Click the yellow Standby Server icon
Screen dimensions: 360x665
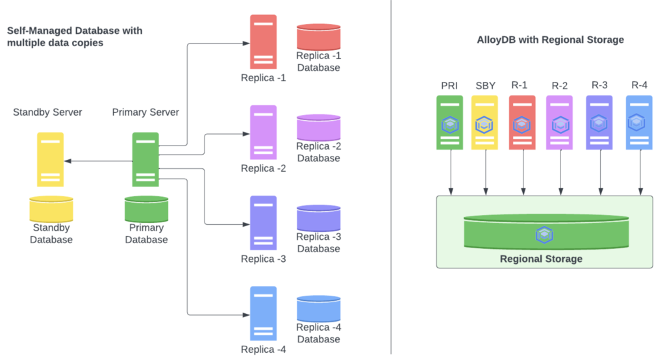coord(51,159)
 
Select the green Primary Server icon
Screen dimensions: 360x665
coord(145,159)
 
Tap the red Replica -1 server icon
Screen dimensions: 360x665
coord(263,42)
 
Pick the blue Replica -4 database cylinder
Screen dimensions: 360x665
coord(318,308)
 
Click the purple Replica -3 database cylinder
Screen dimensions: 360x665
coord(318,217)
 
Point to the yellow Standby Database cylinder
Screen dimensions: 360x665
coord(51,209)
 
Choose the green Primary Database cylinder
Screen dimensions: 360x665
coord(146,209)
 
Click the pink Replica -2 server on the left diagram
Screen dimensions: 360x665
coord(263,132)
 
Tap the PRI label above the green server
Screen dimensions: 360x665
coord(449,86)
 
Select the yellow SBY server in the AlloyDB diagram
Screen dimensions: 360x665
coord(484,123)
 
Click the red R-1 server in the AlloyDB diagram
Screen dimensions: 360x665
coord(522,123)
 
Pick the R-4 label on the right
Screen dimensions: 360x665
coord(639,85)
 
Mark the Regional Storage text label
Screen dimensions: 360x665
coord(541,259)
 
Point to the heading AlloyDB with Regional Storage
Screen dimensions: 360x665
coord(550,40)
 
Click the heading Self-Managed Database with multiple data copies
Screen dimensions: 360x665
coord(75,36)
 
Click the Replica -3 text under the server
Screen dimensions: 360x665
coord(263,259)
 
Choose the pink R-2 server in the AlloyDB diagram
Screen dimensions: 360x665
coord(559,123)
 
